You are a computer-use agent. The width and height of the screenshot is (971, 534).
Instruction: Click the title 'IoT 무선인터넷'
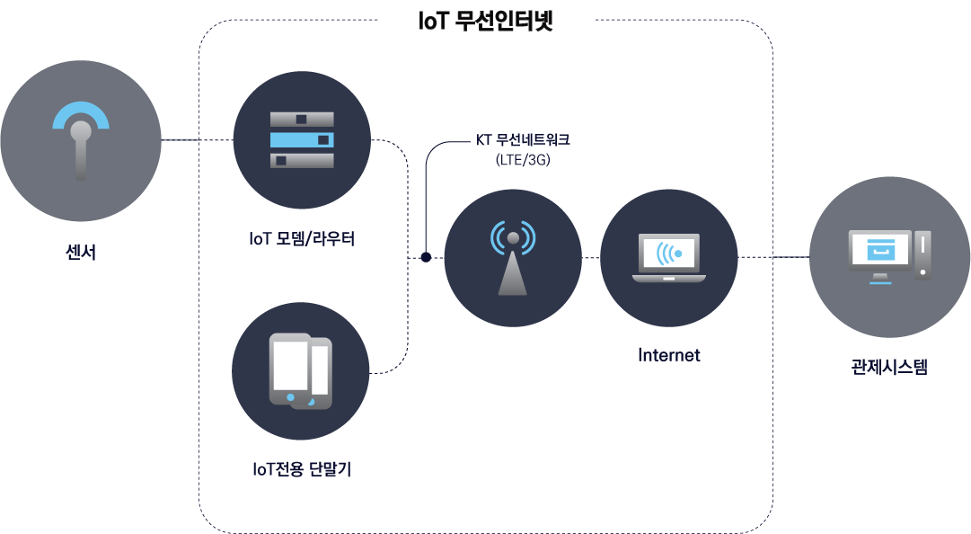coord(485,22)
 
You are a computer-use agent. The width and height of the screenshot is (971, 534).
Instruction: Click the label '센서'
coord(81,253)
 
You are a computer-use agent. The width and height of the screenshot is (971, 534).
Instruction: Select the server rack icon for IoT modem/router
coord(302,140)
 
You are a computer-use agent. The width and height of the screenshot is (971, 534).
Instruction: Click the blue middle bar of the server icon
coord(302,140)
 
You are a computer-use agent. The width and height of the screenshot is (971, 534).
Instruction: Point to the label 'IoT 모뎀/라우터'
coord(302,239)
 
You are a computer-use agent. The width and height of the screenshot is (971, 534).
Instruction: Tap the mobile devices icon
coord(301,370)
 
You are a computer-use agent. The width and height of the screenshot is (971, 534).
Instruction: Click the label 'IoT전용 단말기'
coord(302,469)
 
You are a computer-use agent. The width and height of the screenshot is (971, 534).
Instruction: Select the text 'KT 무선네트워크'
coord(522,141)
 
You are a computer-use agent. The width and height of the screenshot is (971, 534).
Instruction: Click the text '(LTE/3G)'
coord(522,160)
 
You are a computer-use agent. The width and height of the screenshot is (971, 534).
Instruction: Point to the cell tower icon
coord(513,258)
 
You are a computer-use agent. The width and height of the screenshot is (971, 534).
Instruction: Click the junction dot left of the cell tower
coord(426,258)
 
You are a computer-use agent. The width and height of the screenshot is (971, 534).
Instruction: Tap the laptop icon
coord(669,258)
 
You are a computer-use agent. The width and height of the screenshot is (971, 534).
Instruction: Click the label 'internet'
coord(669,355)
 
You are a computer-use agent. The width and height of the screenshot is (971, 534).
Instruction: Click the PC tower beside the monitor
coord(922,254)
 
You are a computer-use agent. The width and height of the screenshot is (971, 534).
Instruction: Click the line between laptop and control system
coord(773,257)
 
